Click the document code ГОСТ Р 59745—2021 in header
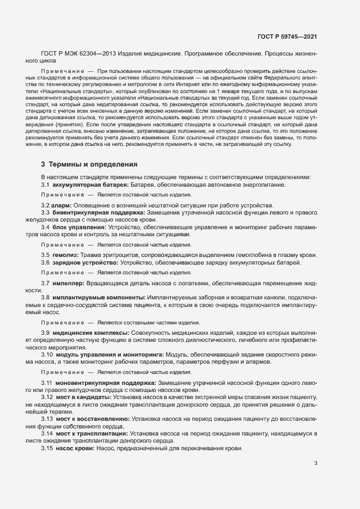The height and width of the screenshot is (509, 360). pos(287,36)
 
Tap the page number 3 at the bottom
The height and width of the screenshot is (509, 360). pos(316,464)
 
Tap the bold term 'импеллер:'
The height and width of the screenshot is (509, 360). pos(69,283)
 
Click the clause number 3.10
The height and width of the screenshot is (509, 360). pos(47,354)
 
